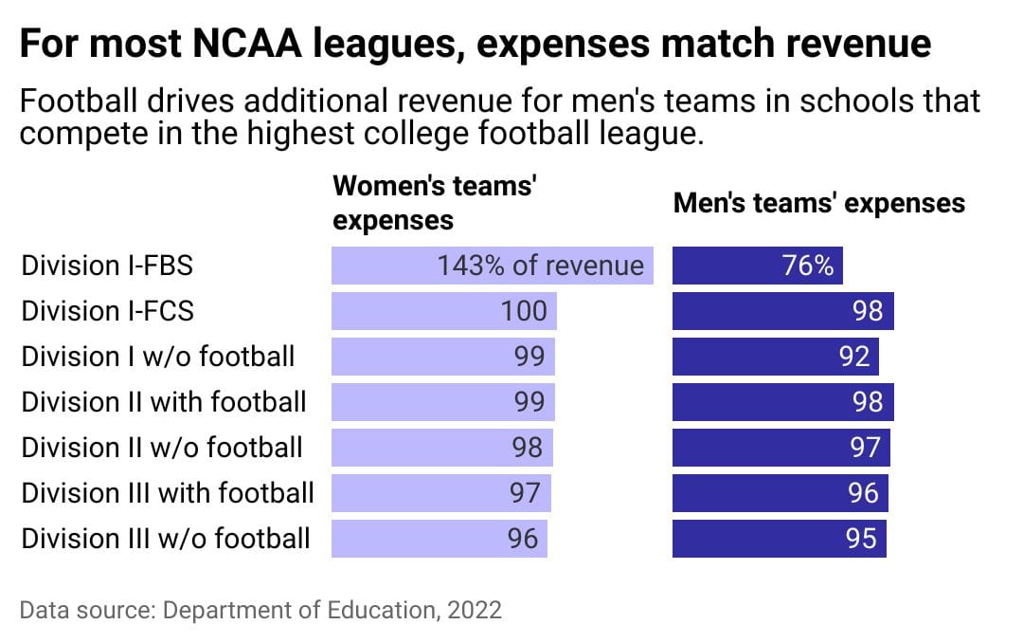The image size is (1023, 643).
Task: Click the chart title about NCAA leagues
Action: (476, 45)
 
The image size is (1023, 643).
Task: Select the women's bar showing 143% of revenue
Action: (492, 266)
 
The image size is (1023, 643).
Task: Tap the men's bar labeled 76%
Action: (757, 266)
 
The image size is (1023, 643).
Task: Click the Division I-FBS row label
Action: (107, 266)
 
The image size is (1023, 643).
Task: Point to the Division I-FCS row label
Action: (107, 311)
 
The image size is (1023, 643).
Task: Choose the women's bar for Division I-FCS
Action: (443, 311)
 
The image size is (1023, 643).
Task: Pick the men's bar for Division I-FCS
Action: (782, 311)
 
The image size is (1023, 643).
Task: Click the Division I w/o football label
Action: (158, 357)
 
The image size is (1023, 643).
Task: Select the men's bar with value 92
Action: (775, 357)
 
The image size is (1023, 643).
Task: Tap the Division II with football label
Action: (164, 402)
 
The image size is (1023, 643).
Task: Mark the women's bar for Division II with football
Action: (442, 402)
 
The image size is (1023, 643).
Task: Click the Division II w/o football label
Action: (162, 448)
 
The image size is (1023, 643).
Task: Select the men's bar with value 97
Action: (781, 448)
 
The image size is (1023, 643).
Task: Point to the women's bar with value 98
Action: (441, 448)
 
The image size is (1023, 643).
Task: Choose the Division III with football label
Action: (168, 493)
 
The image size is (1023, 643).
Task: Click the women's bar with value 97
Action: (440, 493)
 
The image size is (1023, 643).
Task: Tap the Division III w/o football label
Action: (166, 539)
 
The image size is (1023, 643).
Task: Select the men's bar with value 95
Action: (779, 539)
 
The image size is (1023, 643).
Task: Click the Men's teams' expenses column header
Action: (818, 203)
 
